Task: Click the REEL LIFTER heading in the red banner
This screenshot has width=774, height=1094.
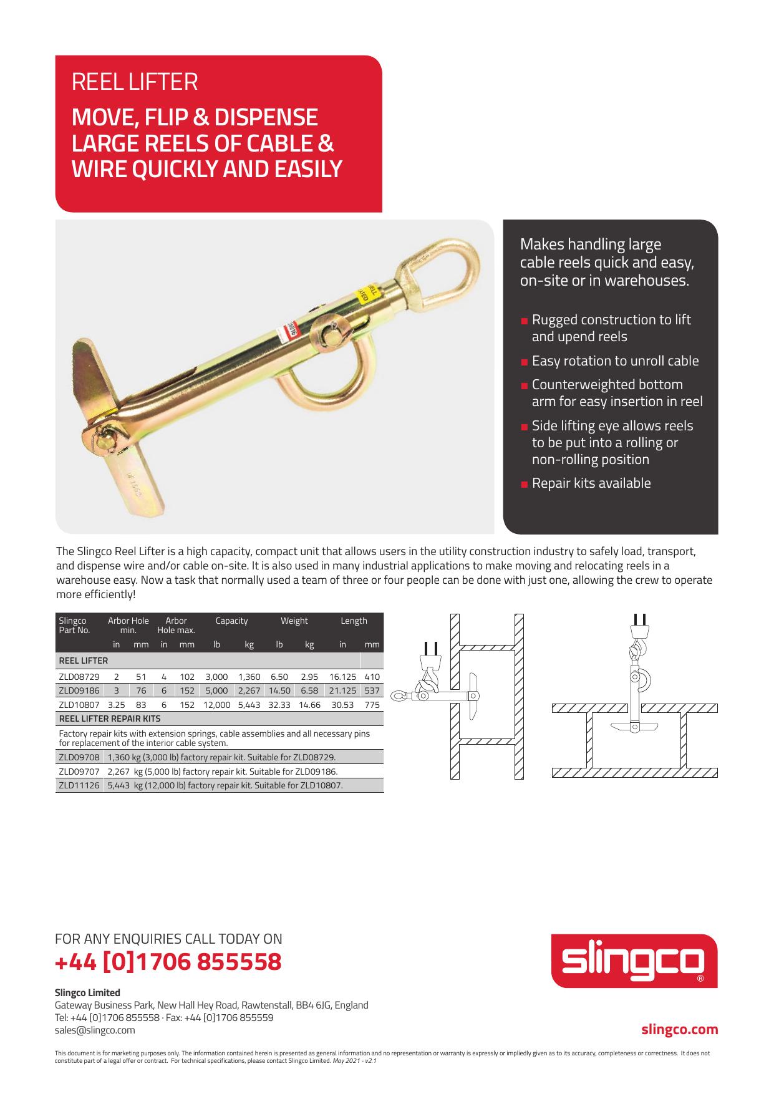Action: [x=135, y=82]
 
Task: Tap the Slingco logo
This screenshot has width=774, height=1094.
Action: [x=634, y=961]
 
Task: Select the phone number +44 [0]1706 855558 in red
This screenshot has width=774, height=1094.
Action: [x=168, y=962]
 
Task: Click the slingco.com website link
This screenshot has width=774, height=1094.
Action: [x=680, y=1030]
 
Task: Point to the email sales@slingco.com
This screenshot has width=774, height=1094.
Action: [x=95, y=1030]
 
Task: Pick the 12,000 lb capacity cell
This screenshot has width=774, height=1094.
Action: [x=216, y=705]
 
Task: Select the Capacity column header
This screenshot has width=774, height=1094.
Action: [x=231, y=621]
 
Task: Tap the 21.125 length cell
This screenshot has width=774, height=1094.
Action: [x=342, y=690]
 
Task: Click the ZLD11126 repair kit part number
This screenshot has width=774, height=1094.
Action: [x=79, y=785]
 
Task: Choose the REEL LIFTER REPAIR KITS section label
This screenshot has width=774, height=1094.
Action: [x=109, y=719]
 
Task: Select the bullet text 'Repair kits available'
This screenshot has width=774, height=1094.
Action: [x=591, y=483]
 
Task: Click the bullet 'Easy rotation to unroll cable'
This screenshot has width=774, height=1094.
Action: [x=615, y=361]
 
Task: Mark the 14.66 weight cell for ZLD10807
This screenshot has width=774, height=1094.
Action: [x=309, y=705]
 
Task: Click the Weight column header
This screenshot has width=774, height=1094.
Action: [x=294, y=621]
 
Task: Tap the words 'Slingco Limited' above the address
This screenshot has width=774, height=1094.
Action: [x=87, y=992]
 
